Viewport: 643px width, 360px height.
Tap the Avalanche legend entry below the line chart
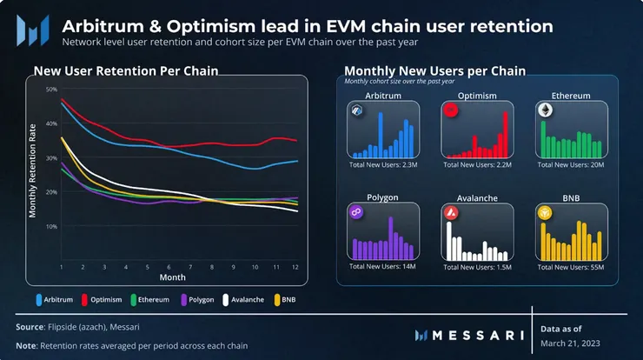(242, 299)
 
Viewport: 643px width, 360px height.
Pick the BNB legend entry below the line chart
(282, 299)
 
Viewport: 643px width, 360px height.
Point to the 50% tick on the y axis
(50, 90)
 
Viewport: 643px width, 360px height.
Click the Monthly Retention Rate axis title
(33, 171)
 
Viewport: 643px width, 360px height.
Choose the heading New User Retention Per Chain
(126, 70)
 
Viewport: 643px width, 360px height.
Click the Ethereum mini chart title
(565, 95)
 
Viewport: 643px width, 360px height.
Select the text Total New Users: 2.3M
(383, 164)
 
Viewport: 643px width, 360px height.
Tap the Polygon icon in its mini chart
(355, 213)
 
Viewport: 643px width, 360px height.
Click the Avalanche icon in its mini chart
(450, 213)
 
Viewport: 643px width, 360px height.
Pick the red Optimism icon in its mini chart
(450, 110)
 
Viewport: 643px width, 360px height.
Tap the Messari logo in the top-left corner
(32, 33)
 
